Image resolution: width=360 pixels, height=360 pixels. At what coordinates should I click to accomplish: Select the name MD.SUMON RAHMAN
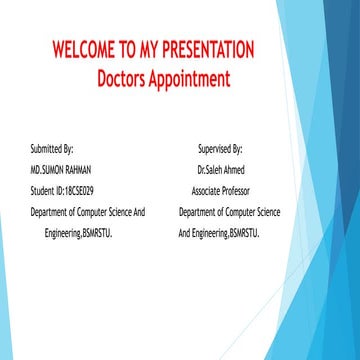61,170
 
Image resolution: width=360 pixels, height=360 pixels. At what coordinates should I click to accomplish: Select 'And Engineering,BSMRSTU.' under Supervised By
219,233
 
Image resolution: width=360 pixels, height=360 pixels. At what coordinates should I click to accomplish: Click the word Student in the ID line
41,190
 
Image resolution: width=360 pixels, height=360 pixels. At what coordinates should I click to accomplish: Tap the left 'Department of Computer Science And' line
88,212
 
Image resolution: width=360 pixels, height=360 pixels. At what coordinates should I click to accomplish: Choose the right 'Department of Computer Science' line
229,212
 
